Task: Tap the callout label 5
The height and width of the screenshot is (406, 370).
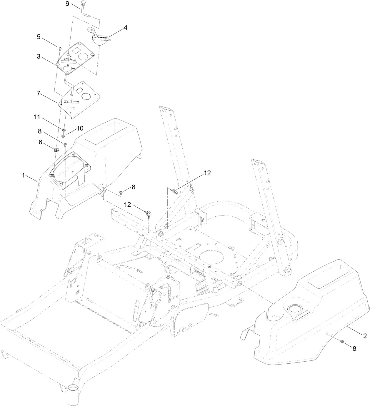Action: (39, 37)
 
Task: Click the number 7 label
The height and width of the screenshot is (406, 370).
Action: (39, 93)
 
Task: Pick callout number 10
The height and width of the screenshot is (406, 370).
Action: (80, 128)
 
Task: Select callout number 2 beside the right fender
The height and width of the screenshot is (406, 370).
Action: (365, 336)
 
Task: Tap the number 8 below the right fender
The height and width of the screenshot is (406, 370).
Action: (354, 348)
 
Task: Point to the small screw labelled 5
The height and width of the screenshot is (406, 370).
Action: (60, 48)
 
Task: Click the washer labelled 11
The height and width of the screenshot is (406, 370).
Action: (64, 130)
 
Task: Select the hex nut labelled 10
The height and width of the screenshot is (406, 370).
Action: (63, 136)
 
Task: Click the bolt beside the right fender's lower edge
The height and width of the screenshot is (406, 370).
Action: (342, 341)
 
